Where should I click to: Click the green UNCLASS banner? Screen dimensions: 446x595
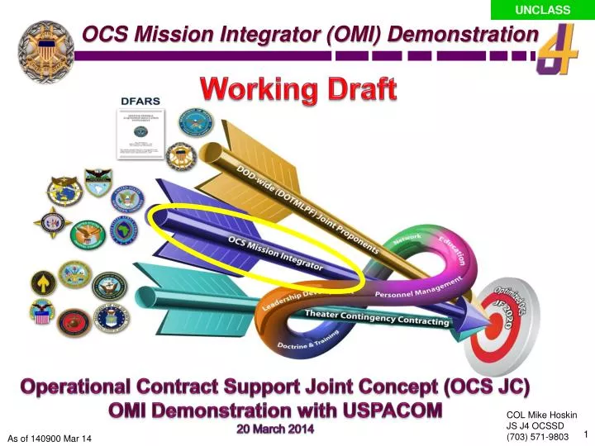[x=542, y=9]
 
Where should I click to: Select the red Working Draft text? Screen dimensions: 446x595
[x=297, y=88]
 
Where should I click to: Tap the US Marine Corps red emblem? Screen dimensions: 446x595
[x=74, y=322]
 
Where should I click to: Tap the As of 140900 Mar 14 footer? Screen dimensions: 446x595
[x=50, y=436]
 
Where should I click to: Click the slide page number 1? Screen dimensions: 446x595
[x=585, y=435]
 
